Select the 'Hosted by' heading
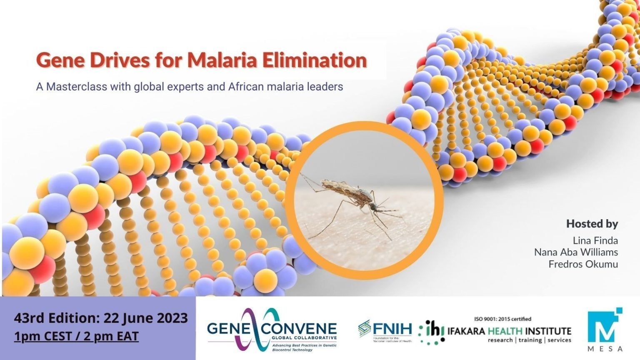[592, 224]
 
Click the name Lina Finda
[595, 240]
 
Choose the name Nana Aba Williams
[576, 252]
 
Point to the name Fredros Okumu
[583, 264]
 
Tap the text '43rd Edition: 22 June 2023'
[101, 318]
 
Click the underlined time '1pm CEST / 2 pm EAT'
[76, 336]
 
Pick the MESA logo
[605, 329]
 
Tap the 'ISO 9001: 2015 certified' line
[502, 319]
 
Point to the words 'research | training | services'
[529, 340]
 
